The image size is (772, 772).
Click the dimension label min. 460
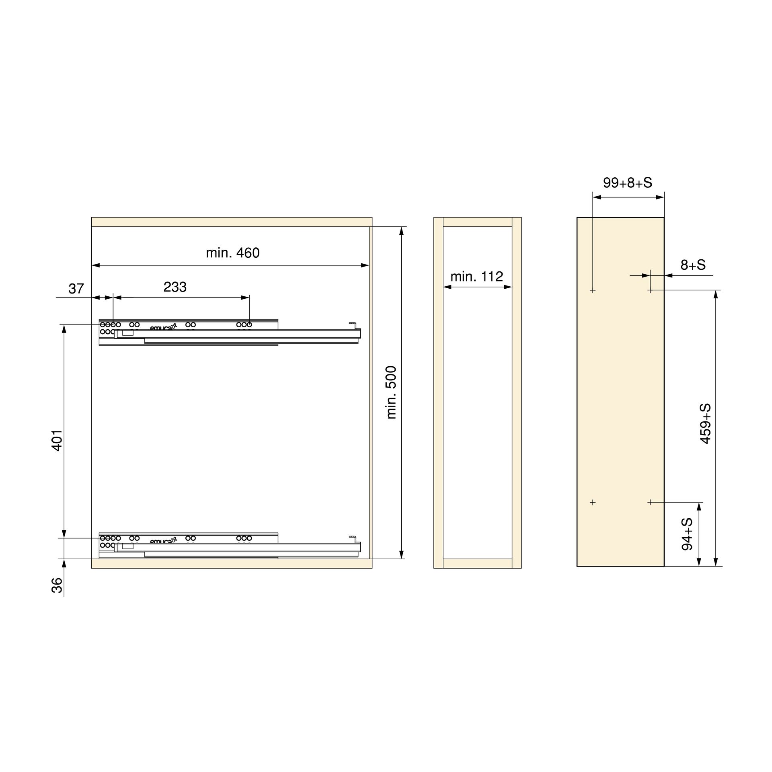(x=232, y=253)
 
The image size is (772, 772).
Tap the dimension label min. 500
(x=391, y=392)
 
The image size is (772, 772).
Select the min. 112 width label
(x=476, y=277)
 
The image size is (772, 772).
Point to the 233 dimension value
(x=175, y=287)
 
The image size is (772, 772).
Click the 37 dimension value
(x=76, y=289)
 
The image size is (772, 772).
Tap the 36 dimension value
(x=57, y=585)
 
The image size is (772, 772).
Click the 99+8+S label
(x=627, y=183)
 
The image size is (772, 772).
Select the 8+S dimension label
(x=693, y=265)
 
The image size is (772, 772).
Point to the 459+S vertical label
(x=705, y=424)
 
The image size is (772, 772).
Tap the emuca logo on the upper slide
(x=163, y=327)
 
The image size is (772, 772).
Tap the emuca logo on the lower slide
(x=163, y=541)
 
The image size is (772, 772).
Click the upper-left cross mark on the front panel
(x=593, y=290)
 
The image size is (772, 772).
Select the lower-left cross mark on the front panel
(x=593, y=502)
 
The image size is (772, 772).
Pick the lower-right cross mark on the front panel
(x=650, y=502)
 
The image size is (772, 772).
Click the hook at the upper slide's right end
(x=353, y=324)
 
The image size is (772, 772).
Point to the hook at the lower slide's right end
(x=353, y=537)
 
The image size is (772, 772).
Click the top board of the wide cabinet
(x=232, y=222)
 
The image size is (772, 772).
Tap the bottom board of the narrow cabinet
(x=477, y=563)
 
